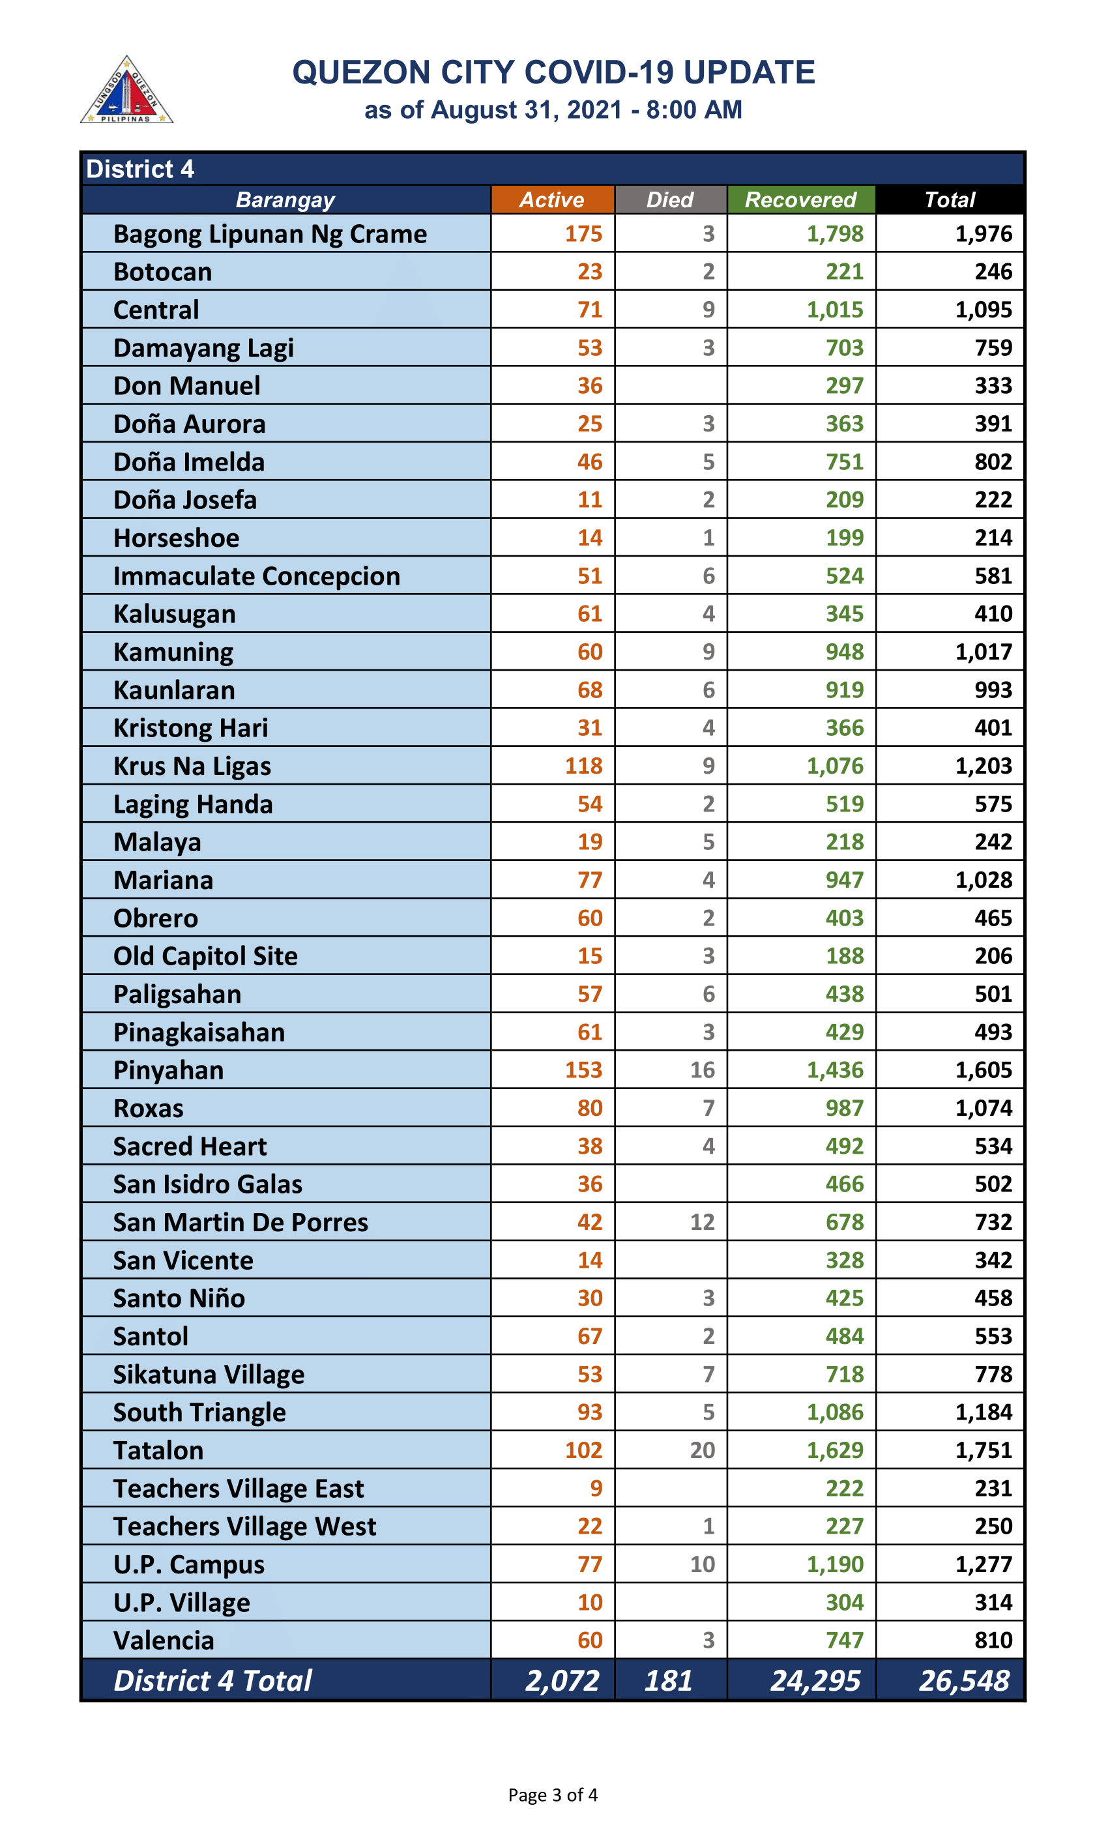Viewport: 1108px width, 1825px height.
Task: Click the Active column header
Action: pyautogui.click(x=552, y=200)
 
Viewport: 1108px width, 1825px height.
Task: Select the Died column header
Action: pyautogui.click(x=670, y=200)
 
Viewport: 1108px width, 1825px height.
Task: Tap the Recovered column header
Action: pyautogui.click(x=800, y=200)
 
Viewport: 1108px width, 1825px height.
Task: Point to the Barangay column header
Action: pyautogui.click(x=285, y=200)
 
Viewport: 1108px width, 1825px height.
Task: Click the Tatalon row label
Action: pyautogui.click(x=158, y=1451)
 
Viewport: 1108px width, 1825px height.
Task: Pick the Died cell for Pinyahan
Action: pyautogui.click(x=702, y=1070)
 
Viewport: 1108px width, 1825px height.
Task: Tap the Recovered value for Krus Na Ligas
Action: pyautogui.click(x=835, y=766)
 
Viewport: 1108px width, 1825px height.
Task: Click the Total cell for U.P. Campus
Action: pyautogui.click(x=983, y=1564)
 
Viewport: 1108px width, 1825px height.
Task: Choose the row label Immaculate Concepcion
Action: pyautogui.click(x=256, y=576)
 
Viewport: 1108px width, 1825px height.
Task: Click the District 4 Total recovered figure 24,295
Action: pyautogui.click(x=815, y=1680)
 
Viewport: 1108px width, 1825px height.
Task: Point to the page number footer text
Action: pyautogui.click(x=553, y=1794)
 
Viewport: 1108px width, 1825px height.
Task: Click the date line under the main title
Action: pyautogui.click(x=553, y=109)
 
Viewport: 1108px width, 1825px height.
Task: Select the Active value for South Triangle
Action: pyautogui.click(x=590, y=1412)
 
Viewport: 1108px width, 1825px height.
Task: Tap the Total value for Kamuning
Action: pyautogui.click(x=983, y=652)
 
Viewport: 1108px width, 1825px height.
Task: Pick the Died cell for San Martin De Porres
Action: pyautogui.click(x=702, y=1222)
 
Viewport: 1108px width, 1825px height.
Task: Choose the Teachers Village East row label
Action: pyautogui.click(x=239, y=1489)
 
